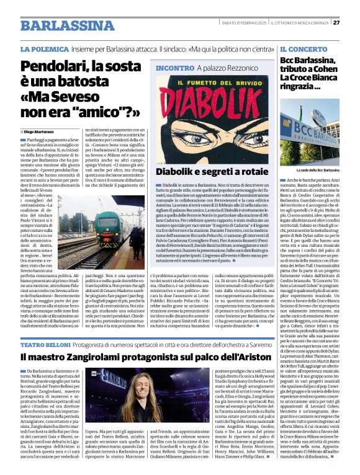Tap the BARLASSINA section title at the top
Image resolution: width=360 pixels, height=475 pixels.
[60, 25]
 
